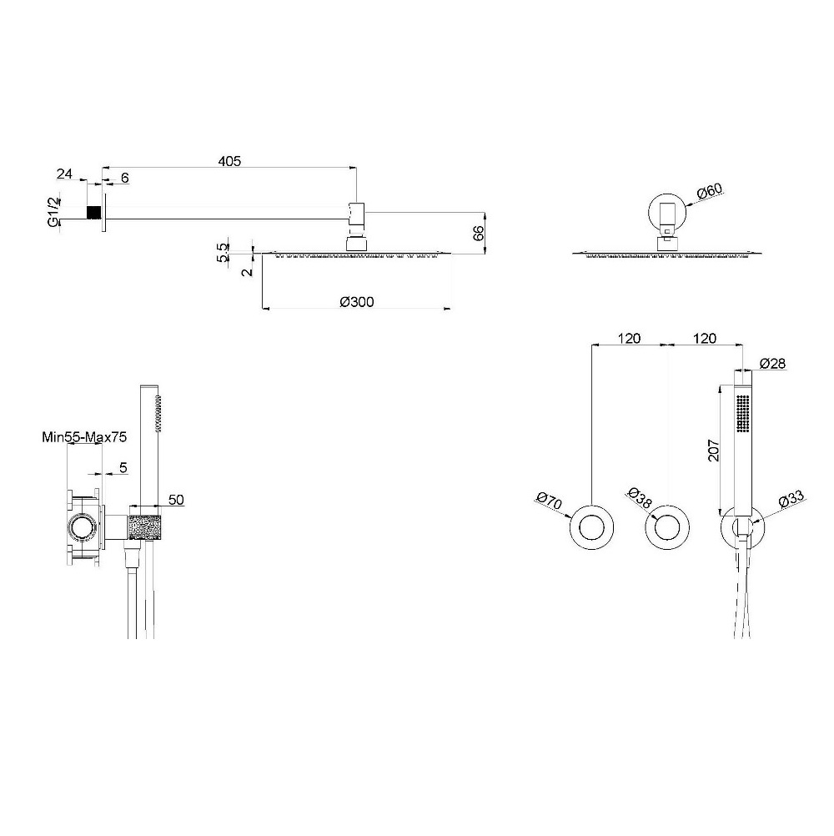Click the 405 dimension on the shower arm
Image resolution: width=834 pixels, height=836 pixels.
229,160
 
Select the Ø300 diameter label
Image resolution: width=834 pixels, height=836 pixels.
357,302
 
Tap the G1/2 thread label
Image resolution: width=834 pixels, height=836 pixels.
54,212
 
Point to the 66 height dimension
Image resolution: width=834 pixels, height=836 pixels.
478,233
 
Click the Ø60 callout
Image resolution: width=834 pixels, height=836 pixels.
709,191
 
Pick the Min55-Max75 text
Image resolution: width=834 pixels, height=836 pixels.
84,437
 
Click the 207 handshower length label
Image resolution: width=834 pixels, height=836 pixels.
714,451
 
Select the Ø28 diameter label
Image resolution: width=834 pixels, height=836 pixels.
772,364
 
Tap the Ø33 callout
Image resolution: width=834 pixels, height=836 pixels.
791,500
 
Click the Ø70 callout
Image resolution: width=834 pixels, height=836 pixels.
550,501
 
